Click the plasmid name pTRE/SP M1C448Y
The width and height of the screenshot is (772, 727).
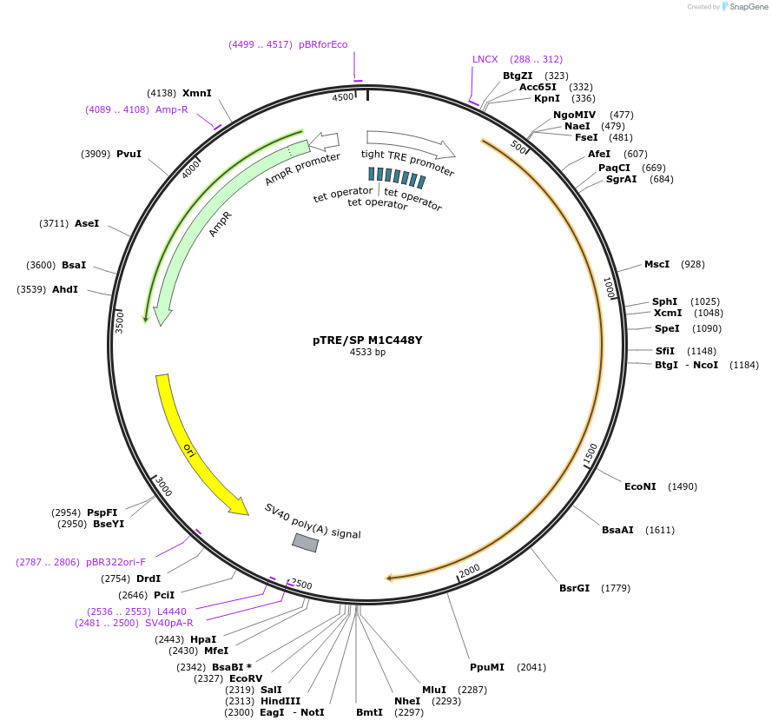(367, 340)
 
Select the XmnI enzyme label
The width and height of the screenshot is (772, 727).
(197, 93)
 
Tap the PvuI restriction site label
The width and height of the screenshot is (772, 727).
(129, 154)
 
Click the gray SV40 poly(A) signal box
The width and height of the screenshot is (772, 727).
(305, 543)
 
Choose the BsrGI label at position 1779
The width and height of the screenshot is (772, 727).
(574, 588)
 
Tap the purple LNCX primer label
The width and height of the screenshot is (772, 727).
(485, 59)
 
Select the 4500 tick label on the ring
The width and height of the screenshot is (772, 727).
(343, 97)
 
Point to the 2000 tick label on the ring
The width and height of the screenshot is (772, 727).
(469, 571)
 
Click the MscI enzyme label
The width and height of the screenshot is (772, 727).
(657, 264)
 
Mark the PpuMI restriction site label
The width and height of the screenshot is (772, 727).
(486, 667)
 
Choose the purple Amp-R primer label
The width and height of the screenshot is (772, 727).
(171, 109)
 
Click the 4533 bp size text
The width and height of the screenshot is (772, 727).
(367, 353)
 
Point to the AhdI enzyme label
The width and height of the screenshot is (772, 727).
(65, 289)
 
